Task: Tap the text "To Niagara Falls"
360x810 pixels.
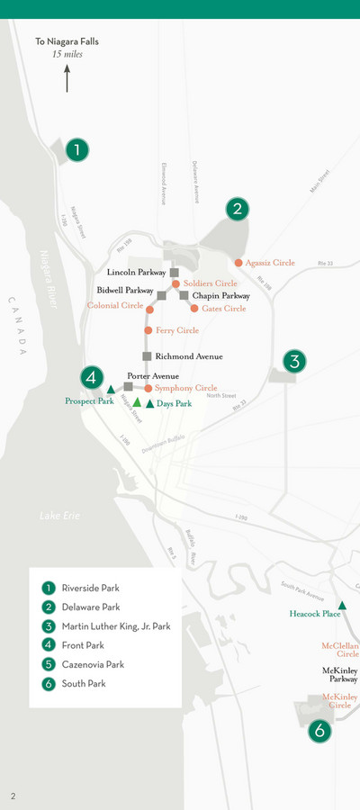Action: coord(67,41)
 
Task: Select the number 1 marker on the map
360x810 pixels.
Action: coord(78,149)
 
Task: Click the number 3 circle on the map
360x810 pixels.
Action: coord(294,362)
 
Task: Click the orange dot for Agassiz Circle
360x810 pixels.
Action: coord(238,263)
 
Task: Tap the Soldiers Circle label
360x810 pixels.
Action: coord(210,283)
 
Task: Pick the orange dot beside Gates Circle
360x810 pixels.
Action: coord(194,309)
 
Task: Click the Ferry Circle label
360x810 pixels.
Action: coord(177,330)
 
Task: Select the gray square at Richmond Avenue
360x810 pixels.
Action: coord(147,356)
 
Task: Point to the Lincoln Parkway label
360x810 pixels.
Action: coord(137,272)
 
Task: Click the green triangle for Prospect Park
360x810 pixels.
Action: coord(111,390)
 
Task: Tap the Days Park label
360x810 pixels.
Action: coord(174,404)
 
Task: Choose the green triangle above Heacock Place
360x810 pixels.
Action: coord(341,605)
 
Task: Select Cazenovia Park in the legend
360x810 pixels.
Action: coord(93,664)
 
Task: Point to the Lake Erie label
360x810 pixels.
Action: coord(60,516)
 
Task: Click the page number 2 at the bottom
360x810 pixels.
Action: coord(13,796)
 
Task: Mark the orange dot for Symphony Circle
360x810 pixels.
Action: coord(148,388)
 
